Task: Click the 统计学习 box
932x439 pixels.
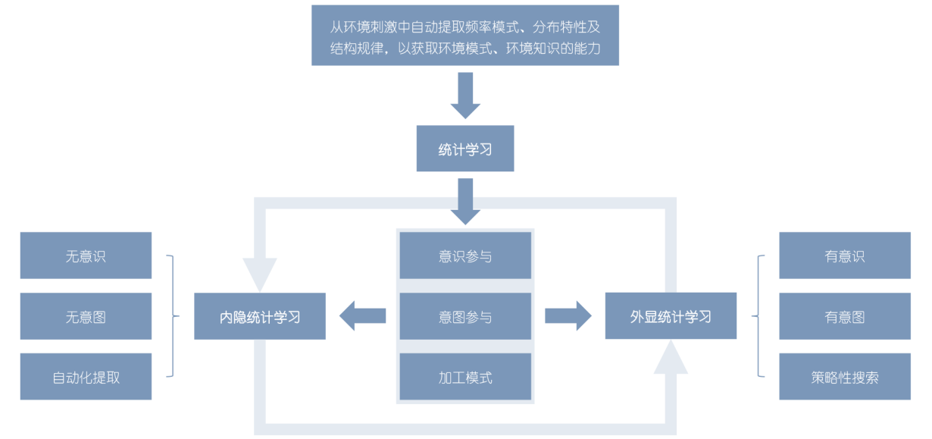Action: pos(465,149)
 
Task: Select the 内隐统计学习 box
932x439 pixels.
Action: pos(260,316)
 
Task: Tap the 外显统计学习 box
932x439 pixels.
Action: pos(671,316)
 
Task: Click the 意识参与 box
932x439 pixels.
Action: pos(465,256)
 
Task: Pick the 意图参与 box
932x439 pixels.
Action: pos(465,316)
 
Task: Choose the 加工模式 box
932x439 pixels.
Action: pos(465,377)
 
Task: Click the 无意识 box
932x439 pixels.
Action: pos(86,256)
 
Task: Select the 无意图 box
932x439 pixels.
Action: pos(86,316)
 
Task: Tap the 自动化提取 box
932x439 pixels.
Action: pos(86,377)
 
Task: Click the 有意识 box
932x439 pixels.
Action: pos(844,256)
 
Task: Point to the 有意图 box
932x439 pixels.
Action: pos(844,316)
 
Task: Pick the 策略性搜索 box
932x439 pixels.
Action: pos(844,377)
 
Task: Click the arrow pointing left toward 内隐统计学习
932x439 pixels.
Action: pos(361,315)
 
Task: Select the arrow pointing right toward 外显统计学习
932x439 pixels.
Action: pos(568,315)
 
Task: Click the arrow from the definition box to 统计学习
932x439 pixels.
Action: pos(465,95)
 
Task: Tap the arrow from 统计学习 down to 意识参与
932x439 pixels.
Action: pos(465,201)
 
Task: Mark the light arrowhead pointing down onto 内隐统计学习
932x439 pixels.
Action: pos(260,274)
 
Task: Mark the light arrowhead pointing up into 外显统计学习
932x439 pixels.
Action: pos(671,358)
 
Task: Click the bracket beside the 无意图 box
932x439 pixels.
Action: pos(173,316)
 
